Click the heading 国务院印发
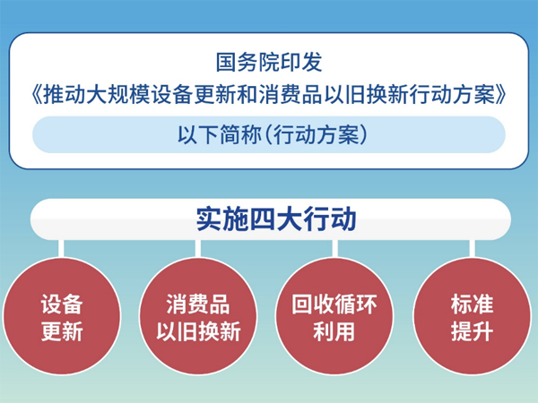(269, 64)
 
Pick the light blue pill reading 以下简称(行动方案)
(269, 134)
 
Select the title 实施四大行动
(269, 218)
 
